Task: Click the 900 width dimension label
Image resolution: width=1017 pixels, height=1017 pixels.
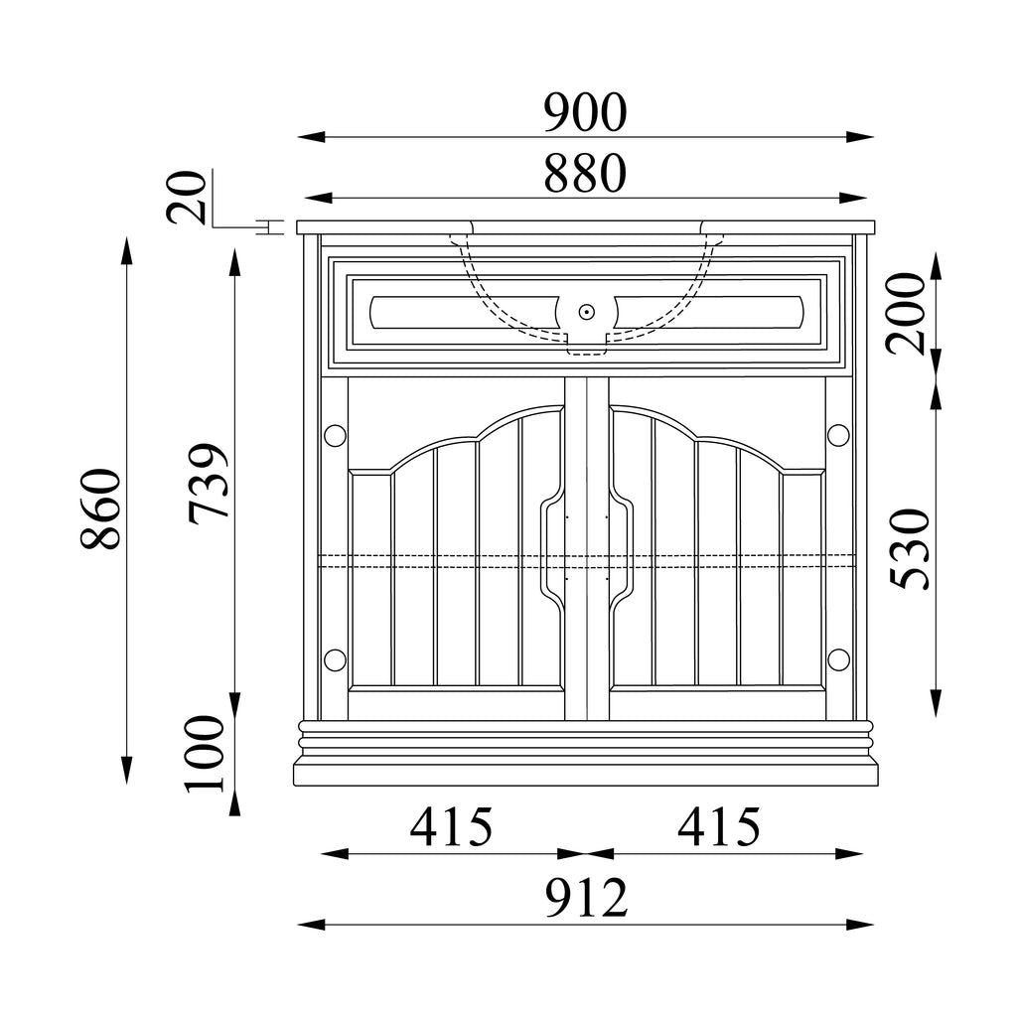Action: click(585, 113)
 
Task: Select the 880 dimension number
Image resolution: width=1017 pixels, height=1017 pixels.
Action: click(585, 173)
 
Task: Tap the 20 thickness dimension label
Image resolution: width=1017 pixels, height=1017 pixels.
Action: click(187, 198)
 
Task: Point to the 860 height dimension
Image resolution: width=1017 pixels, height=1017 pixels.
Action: click(101, 509)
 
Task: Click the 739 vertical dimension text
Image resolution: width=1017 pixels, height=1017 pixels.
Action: click(209, 484)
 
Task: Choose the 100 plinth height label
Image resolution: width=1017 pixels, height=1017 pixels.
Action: click(205, 754)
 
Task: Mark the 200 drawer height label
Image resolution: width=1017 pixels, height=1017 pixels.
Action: click(906, 313)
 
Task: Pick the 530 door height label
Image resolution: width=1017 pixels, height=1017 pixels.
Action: click(910, 549)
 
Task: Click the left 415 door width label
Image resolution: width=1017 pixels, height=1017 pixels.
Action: click(452, 827)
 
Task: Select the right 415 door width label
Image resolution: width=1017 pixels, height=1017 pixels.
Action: click(719, 827)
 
